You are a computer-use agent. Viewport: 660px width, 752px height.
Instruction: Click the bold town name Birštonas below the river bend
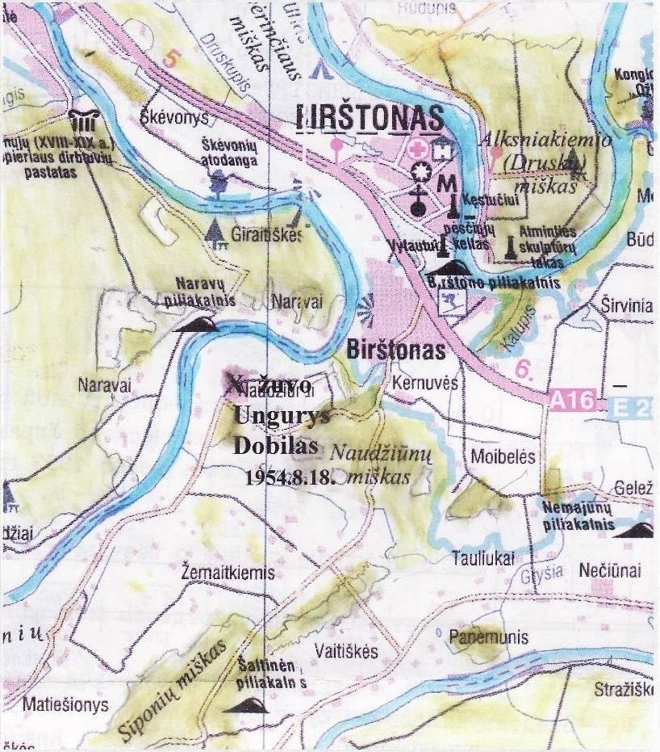(x=396, y=351)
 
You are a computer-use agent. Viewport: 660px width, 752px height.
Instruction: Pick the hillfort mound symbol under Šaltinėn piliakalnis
(x=245, y=705)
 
